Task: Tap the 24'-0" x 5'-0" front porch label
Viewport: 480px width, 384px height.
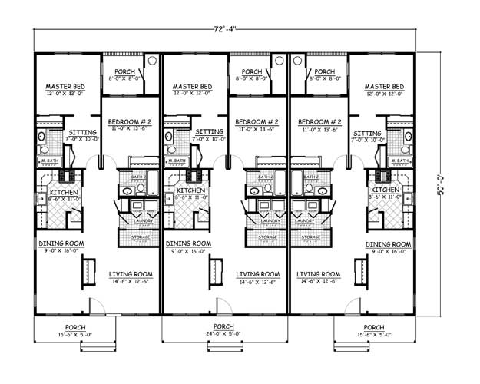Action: [x=224, y=327]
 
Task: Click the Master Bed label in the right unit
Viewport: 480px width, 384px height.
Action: [x=384, y=87]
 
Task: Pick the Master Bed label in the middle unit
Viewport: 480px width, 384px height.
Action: [x=192, y=87]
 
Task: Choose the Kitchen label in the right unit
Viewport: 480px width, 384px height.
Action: [x=384, y=190]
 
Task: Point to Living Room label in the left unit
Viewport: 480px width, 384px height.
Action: [x=131, y=274]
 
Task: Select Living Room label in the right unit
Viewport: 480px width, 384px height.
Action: [x=319, y=274]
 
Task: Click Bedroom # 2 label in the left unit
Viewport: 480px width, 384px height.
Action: [x=128, y=121]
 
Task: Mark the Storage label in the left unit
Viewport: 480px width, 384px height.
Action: [x=139, y=237]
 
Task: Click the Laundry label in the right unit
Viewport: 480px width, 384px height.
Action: [x=310, y=221]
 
